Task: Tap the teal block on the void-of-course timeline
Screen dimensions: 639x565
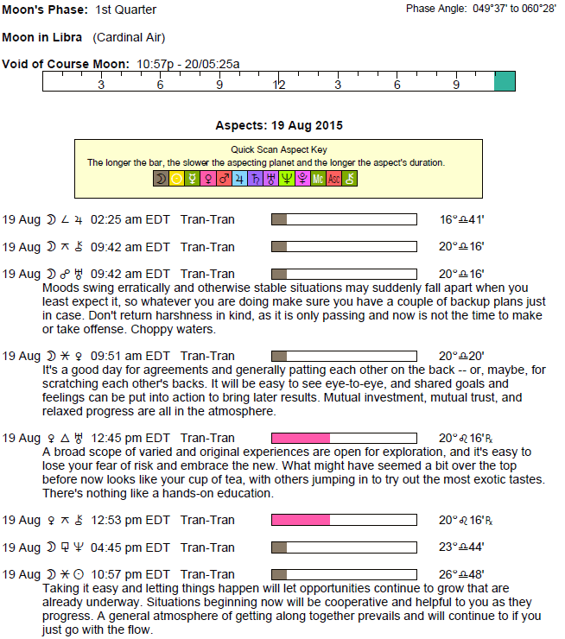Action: tap(505, 81)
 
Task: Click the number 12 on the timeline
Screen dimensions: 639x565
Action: tap(279, 85)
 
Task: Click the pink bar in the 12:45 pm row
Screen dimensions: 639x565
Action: tap(301, 438)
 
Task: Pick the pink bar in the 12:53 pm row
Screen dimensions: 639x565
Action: tap(301, 520)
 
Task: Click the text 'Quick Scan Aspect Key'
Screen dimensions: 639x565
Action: tap(279, 149)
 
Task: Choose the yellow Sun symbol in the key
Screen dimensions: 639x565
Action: tap(177, 179)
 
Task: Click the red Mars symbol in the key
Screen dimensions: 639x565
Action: tap(224, 179)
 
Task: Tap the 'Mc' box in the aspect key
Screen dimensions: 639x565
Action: tap(318, 179)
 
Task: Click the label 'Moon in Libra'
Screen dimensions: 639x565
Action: tap(42, 37)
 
